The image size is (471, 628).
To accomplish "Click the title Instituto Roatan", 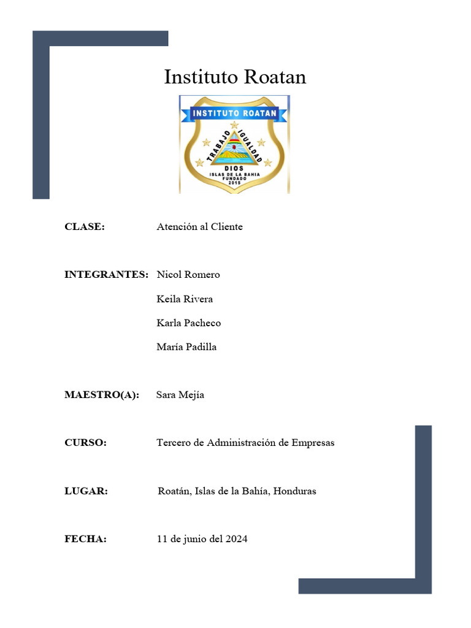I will pyautogui.click(x=235, y=77).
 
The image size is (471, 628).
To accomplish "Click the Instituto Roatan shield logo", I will pyautogui.click(x=234, y=145).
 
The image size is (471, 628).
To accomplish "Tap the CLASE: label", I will pyautogui.click(x=85, y=227).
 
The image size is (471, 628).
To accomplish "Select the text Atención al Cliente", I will pyautogui.click(x=199, y=227).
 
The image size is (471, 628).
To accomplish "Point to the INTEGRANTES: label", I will pyautogui.click(x=106, y=275).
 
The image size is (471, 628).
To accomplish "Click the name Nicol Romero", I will pyautogui.click(x=188, y=275).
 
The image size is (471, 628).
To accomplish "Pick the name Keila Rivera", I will pyautogui.click(x=185, y=299).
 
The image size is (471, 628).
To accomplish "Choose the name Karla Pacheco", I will pyautogui.click(x=189, y=323).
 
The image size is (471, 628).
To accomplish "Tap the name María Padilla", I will pyautogui.click(x=186, y=347).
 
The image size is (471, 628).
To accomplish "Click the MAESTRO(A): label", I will pyautogui.click(x=102, y=395).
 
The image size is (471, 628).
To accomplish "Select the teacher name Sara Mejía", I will pyautogui.click(x=180, y=395).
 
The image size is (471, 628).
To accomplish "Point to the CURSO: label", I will pyautogui.click(x=85, y=443).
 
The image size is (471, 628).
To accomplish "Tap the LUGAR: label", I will pyautogui.click(x=86, y=491).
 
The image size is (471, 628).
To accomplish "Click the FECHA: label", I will pyautogui.click(x=85, y=539).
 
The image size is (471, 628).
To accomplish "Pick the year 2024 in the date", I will pyautogui.click(x=236, y=539).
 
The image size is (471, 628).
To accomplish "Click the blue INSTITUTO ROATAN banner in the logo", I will pyautogui.click(x=235, y=113).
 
